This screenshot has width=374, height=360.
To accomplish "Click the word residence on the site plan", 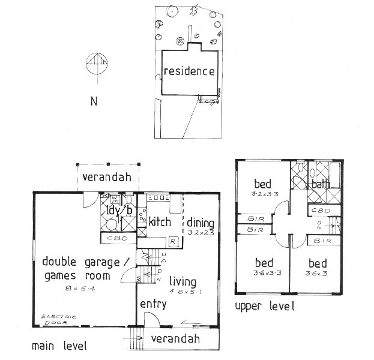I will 189,72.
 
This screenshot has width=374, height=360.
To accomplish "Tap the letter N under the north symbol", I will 94,101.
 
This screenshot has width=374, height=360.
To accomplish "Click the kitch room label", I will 160,222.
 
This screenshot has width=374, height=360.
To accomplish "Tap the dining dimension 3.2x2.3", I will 200,232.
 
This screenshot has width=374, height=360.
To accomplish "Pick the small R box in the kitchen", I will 172,241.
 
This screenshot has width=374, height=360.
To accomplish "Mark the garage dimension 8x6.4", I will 79,289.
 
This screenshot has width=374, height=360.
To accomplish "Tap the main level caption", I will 59,346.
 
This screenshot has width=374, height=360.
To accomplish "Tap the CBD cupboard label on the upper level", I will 319,211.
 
